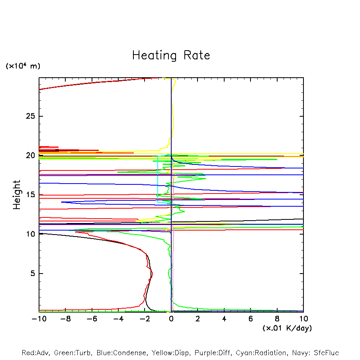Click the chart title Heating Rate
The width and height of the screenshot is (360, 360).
point(171,55)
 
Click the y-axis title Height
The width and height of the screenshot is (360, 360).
point(17,195)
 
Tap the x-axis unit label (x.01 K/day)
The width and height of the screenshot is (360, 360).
point(287,328)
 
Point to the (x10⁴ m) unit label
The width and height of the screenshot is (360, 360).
point(23,66)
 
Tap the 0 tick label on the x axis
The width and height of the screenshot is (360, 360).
point(171,319)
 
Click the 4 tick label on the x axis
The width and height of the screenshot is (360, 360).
point(224,319)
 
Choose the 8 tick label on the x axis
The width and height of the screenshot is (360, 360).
point(277,319)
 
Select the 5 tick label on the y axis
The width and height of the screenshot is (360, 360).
point(32,274)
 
